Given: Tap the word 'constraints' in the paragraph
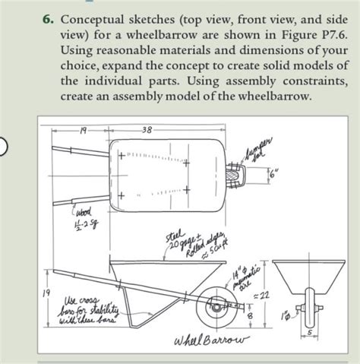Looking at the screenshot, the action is click(x=314, y=81).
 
